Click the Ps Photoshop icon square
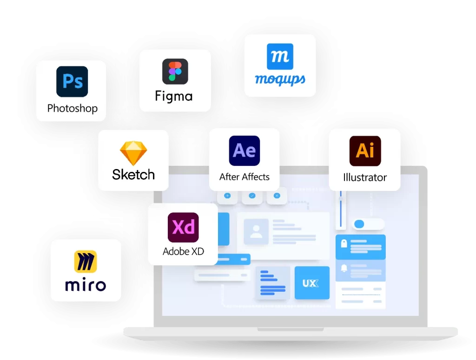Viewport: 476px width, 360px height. click(x=72, y=81)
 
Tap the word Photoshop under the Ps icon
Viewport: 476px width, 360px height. click(x=72, y=109)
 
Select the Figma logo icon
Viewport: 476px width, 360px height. click(x=175, y=71)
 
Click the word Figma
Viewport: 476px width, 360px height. click(x=174, y=96)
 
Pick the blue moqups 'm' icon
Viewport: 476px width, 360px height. click(x=280, y=57)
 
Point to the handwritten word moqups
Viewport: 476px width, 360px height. click(x=280, y=80)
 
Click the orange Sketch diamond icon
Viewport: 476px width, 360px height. click(x=133, y=153)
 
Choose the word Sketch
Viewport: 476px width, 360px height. click(x=133, y=175)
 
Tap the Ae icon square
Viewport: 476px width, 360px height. click(x=244, y=151)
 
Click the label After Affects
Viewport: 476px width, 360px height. click(x=244, y=177)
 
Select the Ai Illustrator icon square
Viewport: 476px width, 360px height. click(x=365, y=151)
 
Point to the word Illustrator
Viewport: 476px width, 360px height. click(x=365, y=177)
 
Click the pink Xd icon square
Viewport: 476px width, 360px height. click(x=183, y=227)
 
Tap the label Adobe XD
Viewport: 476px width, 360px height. click(x=183, y=252)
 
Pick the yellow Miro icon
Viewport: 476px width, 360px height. click(x=86, y=262)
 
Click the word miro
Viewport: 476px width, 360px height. click(x=86, y=285)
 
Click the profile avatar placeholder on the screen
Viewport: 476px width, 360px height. click(x=256, y=231)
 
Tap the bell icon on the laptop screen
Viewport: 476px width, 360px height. click(x=344, y=268)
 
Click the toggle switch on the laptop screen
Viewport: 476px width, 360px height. click(x=368, y=224)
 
